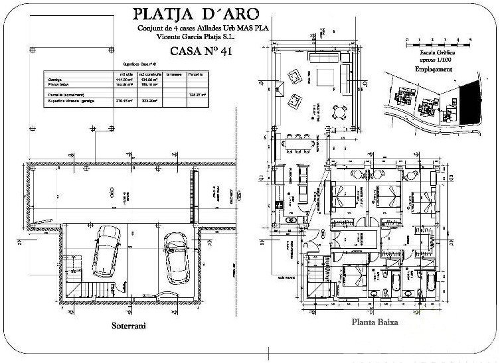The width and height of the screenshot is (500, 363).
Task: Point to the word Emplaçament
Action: (434, 68)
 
